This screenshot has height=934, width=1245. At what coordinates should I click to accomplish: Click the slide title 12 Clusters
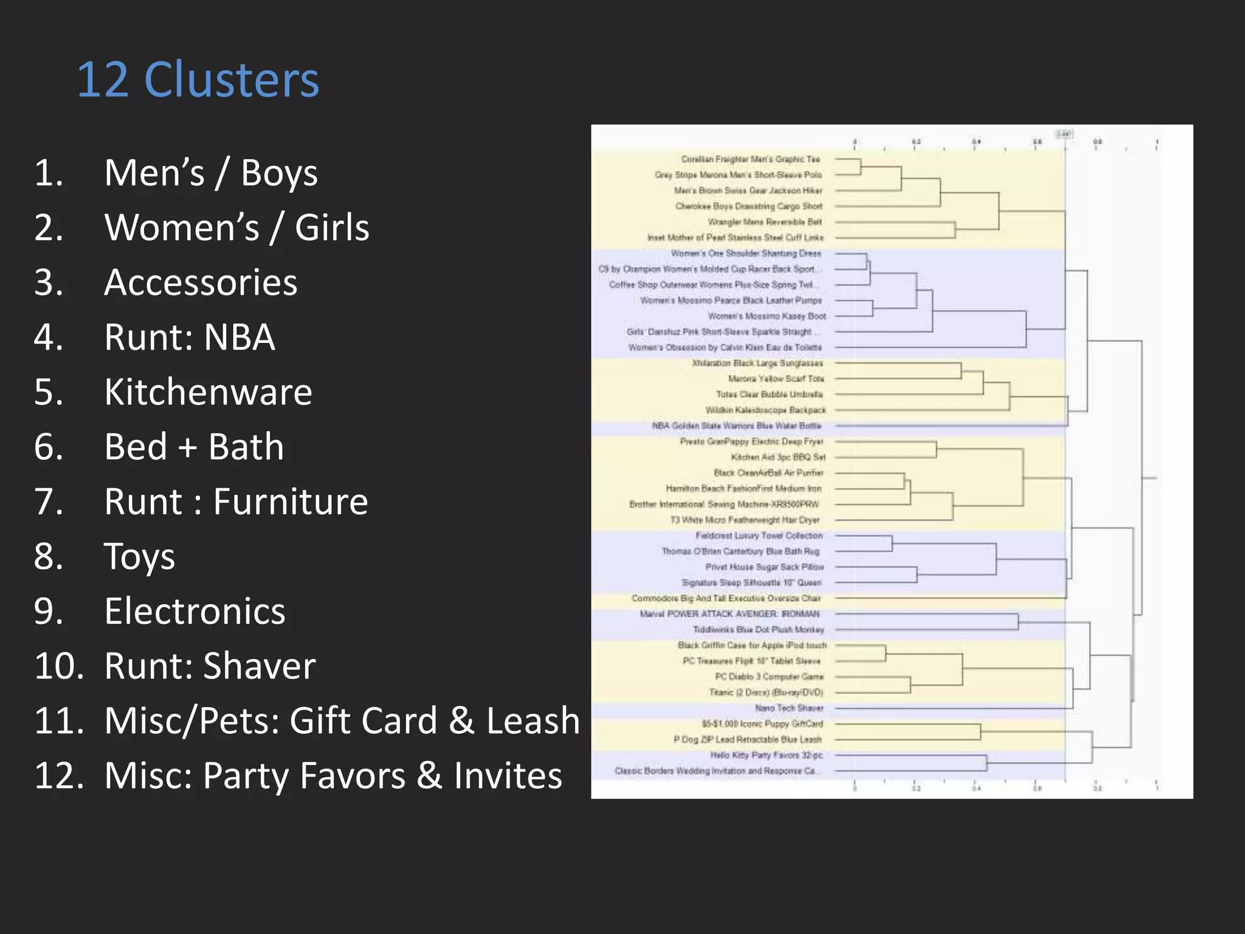click(x=198, y=80)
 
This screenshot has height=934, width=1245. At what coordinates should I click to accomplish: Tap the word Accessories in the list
click(x=201, y=283)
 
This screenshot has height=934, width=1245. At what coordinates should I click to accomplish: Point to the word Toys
click(x=139, y=556)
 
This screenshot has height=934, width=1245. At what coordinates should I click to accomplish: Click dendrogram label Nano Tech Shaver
click(x=788, y=708)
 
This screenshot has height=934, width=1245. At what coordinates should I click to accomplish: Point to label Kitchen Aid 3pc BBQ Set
click(x=778, y=457)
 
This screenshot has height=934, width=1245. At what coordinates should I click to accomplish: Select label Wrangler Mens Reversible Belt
click(x=764, y=222)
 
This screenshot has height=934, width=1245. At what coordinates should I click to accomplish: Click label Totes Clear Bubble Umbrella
click(x=769, y=395)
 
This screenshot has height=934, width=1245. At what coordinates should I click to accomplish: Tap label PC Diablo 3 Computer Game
click(x=769, y=677)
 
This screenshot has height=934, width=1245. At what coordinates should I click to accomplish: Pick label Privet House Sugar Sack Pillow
click(x=764, y=567)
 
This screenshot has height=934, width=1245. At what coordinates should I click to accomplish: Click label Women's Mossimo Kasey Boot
click(x=767, y=316)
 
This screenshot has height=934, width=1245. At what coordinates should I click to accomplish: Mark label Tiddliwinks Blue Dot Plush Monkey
click(x=758, y=630)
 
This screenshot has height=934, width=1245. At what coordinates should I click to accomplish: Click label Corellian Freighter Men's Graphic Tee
click(x=750, y=159)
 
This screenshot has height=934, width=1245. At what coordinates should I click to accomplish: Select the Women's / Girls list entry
click(x=236, y=228)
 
